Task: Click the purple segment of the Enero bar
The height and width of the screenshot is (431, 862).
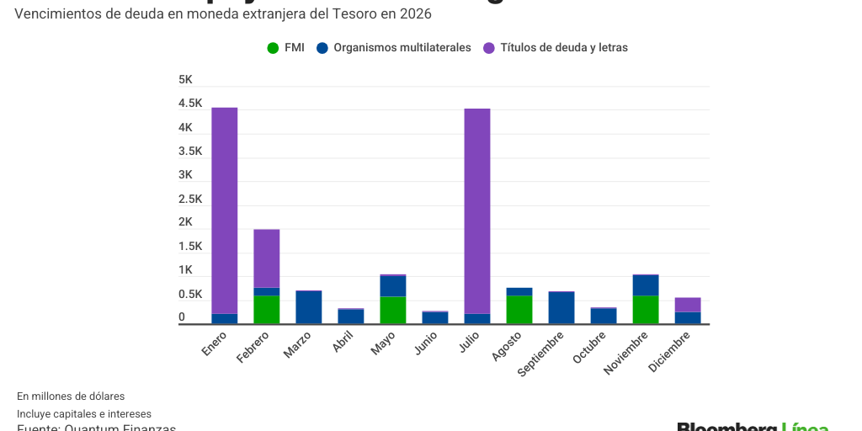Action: click(x=224, y=210)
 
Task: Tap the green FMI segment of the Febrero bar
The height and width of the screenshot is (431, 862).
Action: click(x=267, y=309)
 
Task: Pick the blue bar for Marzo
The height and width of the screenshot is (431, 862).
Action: click(x=309, y=307)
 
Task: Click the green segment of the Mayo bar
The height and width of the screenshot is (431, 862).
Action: click(x=393, y=310)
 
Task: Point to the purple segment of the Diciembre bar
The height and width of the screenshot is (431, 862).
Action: click(x=688, y=305)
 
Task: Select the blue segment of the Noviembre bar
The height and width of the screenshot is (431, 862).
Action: click(x=646, y=285)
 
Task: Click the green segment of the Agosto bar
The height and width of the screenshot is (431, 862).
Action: click(x=519, y=309)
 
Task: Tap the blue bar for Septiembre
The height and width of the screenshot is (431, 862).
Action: click(x=561, y=308)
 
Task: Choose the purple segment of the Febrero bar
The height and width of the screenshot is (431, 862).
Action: click(x=267, y=258)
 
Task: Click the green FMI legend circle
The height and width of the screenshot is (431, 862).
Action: click(x=272, y=48)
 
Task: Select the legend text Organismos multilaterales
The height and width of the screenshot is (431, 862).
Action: click(x=402, y=48)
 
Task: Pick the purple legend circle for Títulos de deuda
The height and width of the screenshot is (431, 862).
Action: click(x=489, y=48)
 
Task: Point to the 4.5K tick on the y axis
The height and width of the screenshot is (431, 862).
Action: click(x=190, y=104)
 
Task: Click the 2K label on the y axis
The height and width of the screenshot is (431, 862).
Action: click(x=185, y=222)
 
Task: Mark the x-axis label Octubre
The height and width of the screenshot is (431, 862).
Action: click(x=589, y=348)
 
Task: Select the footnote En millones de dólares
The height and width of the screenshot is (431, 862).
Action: click(x=71, y=396)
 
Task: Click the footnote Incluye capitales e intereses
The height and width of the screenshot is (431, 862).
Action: click(x=84, y=413)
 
